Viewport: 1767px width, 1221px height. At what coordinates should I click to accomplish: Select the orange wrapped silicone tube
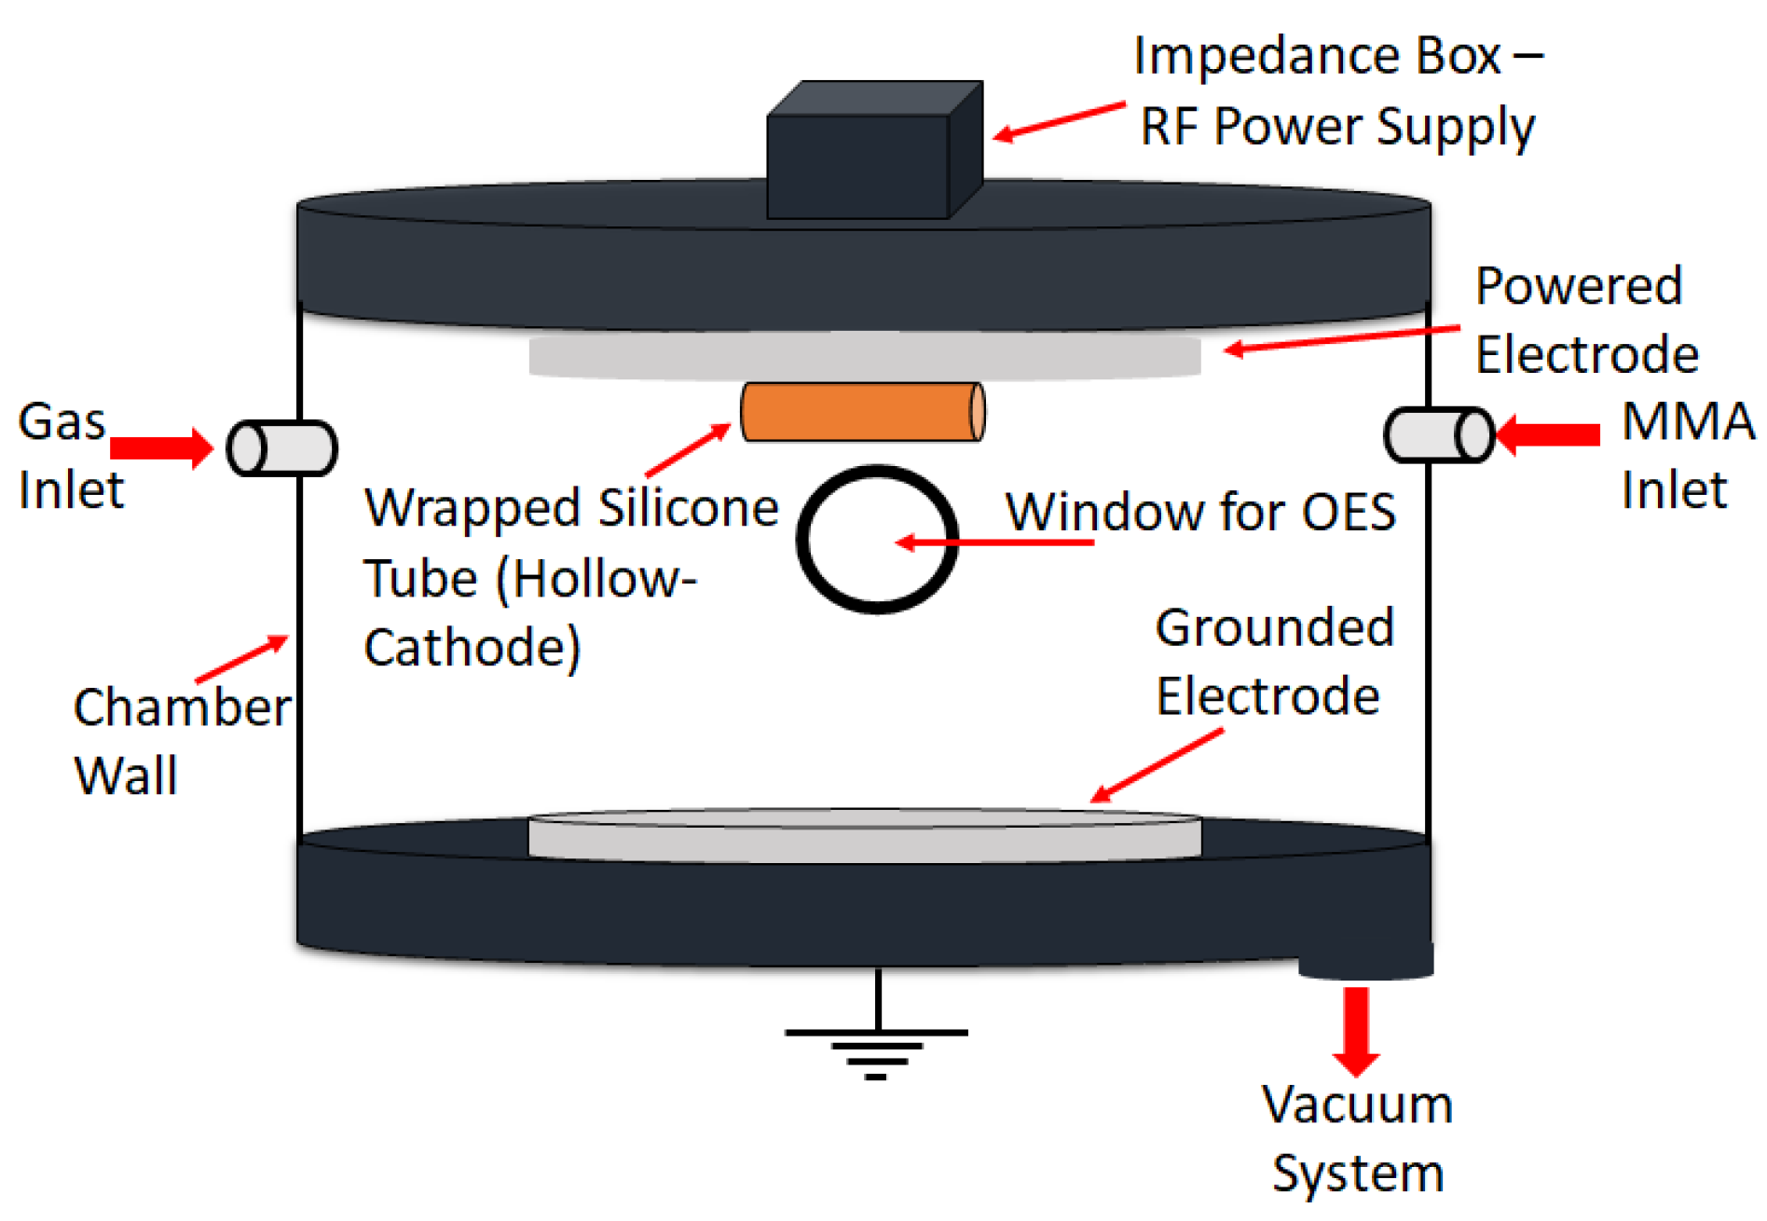[x=862, y=411]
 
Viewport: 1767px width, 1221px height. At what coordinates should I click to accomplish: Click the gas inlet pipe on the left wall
[x=282, y=448]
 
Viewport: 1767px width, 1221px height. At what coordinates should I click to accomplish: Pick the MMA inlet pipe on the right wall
[x=1439, y=434]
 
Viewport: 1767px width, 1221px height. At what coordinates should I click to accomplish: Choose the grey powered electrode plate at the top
[x=864, y=355]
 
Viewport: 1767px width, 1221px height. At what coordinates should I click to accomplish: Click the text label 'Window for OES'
[x=1200, y=512]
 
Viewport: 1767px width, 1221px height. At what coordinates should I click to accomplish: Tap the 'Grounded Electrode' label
[x=1273, y=662]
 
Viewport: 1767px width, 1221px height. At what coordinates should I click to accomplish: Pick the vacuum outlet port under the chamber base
[x=1365, y=960]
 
